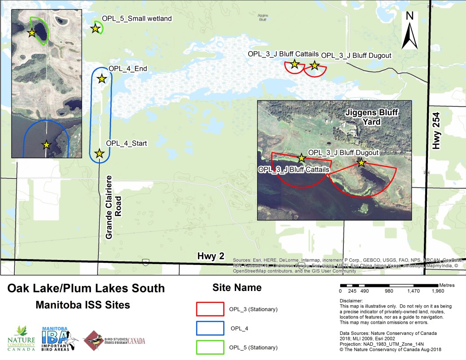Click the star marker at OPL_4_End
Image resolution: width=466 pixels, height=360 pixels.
click(x=102, y=78)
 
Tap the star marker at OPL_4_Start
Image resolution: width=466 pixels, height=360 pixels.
click(x=99, y=153)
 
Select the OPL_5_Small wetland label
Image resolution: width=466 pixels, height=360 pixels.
click(x=130, y=18)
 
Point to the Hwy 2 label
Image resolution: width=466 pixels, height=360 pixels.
click(x=210, y=256)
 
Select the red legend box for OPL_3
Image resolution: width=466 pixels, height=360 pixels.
click(x=210, y=309)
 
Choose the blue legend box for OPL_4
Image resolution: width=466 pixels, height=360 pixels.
click(x=210, y=328)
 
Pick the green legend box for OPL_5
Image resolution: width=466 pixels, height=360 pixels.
click(x=210, y=347)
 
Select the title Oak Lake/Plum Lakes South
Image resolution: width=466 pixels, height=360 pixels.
click(x=86, y=288)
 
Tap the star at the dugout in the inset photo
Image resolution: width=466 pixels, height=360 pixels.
click(x=361, y=162)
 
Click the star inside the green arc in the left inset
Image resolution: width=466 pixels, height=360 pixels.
click(x=32, y=32)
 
